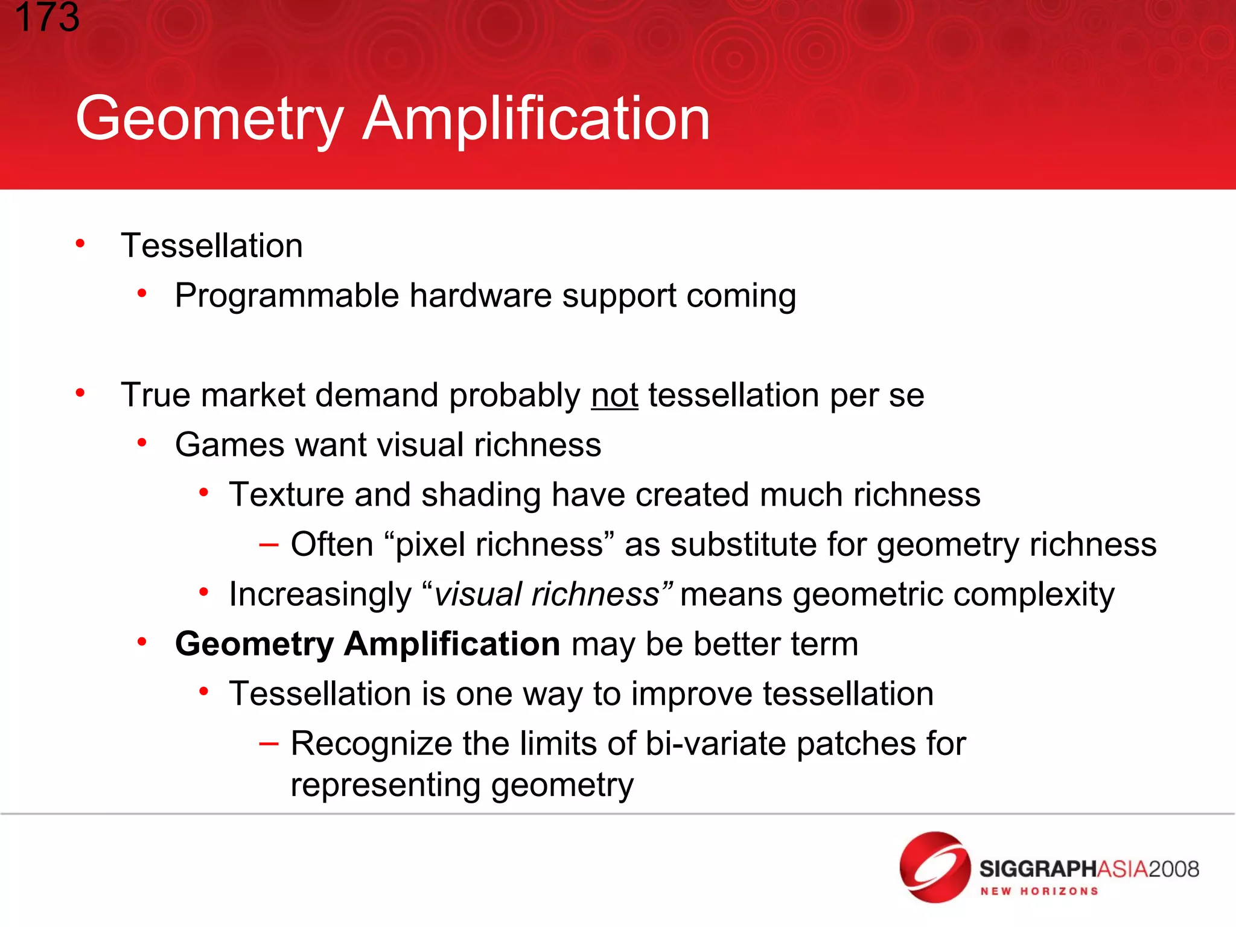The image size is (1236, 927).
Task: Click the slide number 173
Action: pyautogui.click(x=47, y=17)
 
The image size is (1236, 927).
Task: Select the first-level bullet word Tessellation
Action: pyautogui.click(x=211, y=246)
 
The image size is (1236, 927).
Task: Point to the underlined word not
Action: pyautogui.click(x=614, y=395)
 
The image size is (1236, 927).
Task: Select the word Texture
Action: pyautogui.click(x=286, y=495)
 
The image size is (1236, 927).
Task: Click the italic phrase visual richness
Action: pyautogui.click(x=547, y=594)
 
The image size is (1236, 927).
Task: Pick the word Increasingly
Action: pyautogui.click(x=320, y=594)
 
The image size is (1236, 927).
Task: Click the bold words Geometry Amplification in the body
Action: pyautogui.click(x=367, y=644)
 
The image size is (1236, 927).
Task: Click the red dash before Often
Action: pyautogui.click(x=269, y=544)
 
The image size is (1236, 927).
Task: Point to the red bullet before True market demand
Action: pyautogui.click(x=80, y=393)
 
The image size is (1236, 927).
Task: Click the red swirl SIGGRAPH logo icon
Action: pyautogui.click(x=934, y=867)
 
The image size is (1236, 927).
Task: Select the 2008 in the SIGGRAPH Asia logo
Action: pyautogui.click(x=1174, y=869)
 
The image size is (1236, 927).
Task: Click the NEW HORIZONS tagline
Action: pyautogui.click(x=1039, y=891)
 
